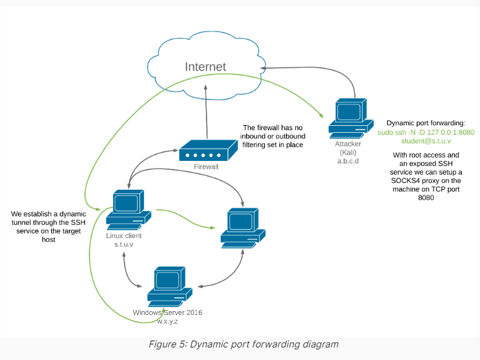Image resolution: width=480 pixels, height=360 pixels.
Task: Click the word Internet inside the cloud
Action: pos(205,66)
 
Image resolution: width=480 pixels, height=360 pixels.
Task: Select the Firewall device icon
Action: pos(205,152)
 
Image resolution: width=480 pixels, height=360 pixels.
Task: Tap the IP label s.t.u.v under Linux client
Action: pos(125,245)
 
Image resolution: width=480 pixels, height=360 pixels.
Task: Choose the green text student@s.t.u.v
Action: pos(426,141)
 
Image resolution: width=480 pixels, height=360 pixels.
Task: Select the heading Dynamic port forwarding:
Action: pos(426,123)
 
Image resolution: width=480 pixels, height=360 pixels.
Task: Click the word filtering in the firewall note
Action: pos(260,145)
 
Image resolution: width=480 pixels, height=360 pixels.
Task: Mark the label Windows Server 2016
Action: pos(167,312)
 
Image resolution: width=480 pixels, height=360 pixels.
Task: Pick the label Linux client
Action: pos(124,236)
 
